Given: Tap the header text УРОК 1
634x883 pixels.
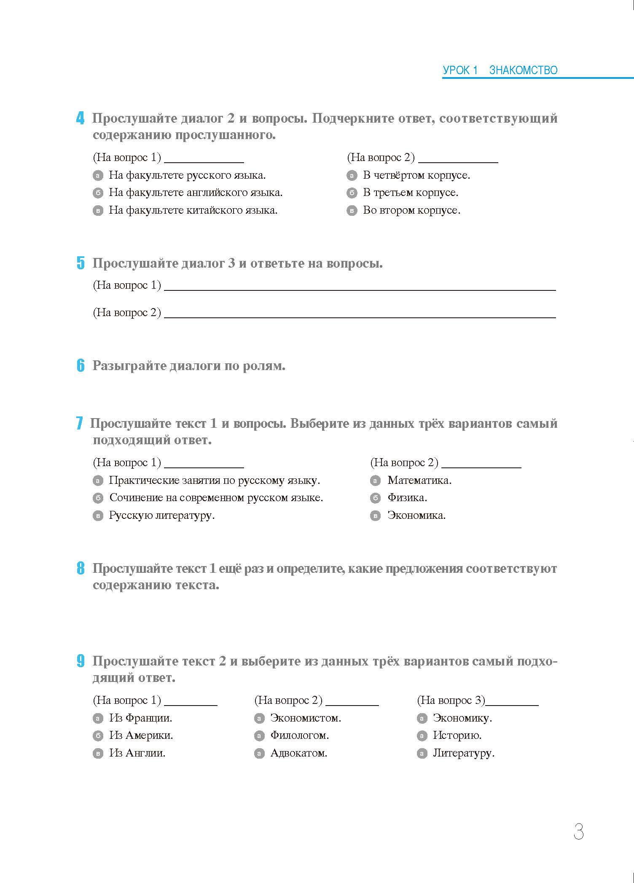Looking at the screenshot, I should pos(460,70).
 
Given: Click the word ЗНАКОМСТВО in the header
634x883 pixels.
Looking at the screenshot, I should pos(523,70).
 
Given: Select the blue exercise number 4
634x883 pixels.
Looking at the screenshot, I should pos(80,118).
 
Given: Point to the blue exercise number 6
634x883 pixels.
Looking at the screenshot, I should pos(81,365).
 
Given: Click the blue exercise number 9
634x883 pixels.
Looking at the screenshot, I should pos(81,661).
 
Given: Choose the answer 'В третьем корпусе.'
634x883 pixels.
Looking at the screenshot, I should pos(410,193).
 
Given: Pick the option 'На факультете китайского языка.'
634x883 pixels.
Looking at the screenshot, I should pos(193,210).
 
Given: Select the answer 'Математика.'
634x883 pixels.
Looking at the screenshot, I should pos(419,480).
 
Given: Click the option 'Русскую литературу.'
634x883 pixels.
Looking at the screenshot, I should pos(162,515).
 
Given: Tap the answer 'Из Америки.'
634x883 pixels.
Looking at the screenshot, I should pos(141,735).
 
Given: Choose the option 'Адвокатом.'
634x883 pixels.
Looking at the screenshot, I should pos(298,753).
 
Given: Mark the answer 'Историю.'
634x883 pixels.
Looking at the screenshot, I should pos(457,735).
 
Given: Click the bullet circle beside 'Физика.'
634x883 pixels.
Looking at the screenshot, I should pos(375,498).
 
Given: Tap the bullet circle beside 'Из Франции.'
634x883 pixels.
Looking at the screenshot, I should pos(98,718).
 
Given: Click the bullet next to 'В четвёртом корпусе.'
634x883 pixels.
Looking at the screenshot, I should pos(352,175).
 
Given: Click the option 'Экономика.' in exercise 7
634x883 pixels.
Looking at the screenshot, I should pos(416,515).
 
